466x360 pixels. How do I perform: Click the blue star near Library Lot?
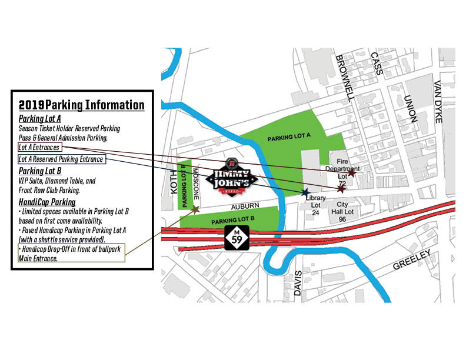coord(305,192)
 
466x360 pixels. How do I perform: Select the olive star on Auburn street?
coord(195,209)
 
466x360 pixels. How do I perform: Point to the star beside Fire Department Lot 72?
coord(352,173)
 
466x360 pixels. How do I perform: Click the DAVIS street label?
coord(299,284)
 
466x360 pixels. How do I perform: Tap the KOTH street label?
coord(173,179)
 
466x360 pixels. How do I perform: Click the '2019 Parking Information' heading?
coord(81,105)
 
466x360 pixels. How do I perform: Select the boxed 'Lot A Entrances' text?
coord(39,146)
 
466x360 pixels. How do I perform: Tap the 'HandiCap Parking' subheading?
coord(46,202)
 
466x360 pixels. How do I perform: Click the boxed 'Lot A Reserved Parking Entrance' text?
coord(61,159)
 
